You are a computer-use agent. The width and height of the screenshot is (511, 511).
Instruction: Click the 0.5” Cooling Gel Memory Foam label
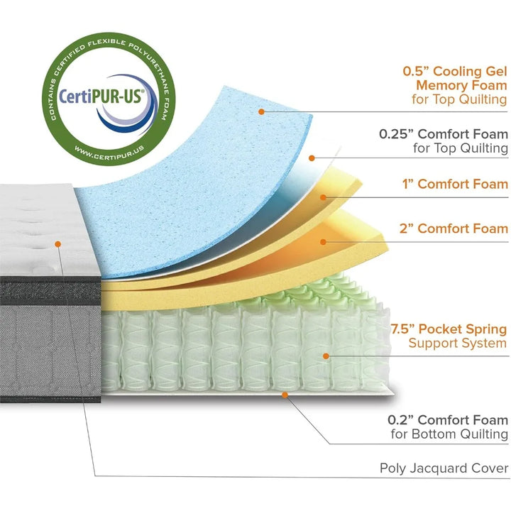tap(455, 85)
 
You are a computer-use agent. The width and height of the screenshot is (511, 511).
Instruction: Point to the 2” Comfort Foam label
tap(462, 228)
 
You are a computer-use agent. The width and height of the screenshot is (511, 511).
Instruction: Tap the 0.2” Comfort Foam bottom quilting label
tap(449, 426)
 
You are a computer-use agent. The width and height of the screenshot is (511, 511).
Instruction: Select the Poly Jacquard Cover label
tap(444, 468)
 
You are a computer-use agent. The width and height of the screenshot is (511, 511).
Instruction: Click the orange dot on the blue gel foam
tap(262, 111)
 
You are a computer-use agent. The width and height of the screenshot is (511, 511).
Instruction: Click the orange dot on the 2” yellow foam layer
tap(324, 241)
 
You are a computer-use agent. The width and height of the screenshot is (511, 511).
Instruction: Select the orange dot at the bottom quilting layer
tap(285, 392)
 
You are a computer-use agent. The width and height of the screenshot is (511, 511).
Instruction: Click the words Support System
tap(458, 344)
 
